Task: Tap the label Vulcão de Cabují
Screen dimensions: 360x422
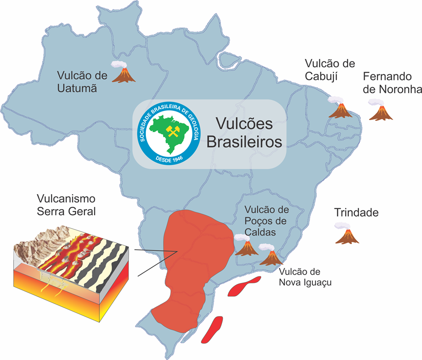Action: (x=330, y=70)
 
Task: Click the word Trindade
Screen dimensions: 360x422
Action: (x=356, y=213)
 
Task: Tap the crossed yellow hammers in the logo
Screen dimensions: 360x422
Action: (x=170, y=130)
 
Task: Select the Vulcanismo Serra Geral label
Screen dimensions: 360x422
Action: (x=66, y=205)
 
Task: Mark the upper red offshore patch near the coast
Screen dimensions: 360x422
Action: (x=244, y=286)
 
